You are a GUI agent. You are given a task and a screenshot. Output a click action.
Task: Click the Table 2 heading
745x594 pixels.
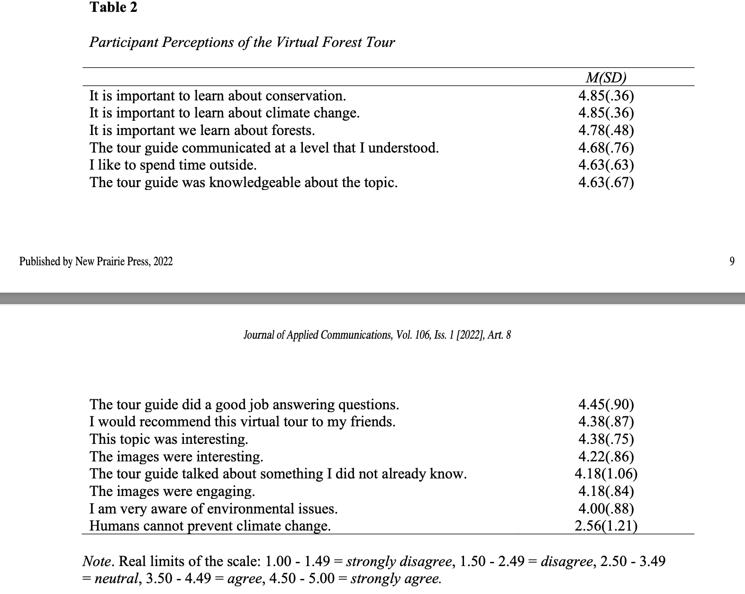tap(113, 8)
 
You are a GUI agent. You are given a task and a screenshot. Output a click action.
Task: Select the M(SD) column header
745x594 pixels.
tap(606, 77)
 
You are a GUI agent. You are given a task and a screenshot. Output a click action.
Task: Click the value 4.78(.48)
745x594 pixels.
tap(606, 130)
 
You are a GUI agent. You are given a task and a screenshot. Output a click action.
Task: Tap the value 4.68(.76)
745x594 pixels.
tap(606, 148)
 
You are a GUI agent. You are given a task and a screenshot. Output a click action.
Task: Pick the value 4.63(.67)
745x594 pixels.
tap(606, 182)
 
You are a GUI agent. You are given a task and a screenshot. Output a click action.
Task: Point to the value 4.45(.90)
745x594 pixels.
tap(606, 405)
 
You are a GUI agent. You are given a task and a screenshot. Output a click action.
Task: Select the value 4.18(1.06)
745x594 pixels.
tap(606, 474)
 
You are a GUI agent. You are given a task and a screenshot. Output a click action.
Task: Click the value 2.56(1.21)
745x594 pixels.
tap(606, 526)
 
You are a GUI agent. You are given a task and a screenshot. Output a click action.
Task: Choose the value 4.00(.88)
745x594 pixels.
tap(606, 509)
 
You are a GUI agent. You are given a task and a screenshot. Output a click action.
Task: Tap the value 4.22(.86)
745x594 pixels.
tap(606, 457)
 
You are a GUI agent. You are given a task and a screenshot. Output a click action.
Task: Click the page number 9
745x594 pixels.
tap(732, 261)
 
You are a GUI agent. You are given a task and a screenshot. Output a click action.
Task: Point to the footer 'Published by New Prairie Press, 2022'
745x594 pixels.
tap(96, 261)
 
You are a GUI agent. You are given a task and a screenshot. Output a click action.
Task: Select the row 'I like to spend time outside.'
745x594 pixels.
tap(173, 165)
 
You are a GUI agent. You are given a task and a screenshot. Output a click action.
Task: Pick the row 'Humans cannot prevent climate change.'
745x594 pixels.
tap(210, 526)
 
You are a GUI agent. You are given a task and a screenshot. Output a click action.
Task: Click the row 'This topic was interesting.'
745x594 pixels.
tap(169, 439)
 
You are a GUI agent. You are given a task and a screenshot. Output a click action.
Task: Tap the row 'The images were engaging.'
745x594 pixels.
tap(172, 491)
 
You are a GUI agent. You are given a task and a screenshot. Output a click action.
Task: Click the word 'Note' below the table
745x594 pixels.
tap(97, 562)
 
